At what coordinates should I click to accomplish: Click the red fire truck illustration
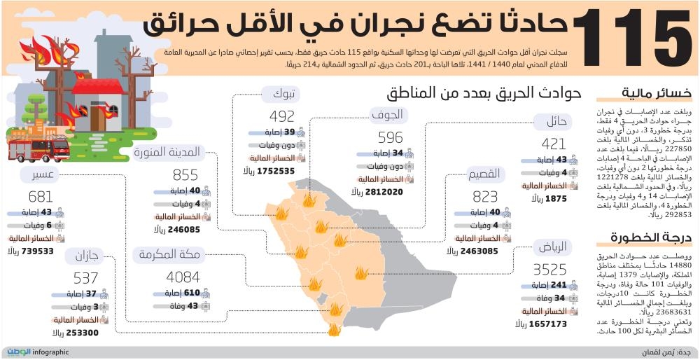click(39, 147)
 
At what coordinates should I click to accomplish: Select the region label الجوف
click(390, 114)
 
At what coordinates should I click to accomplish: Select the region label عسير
click(38, 175)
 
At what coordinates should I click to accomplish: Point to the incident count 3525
click(550, 268)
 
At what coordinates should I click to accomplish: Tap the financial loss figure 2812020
click(379, 191)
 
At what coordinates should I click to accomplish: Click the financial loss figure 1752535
click(276, 170)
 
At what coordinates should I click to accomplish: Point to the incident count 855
click(185, 174)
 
